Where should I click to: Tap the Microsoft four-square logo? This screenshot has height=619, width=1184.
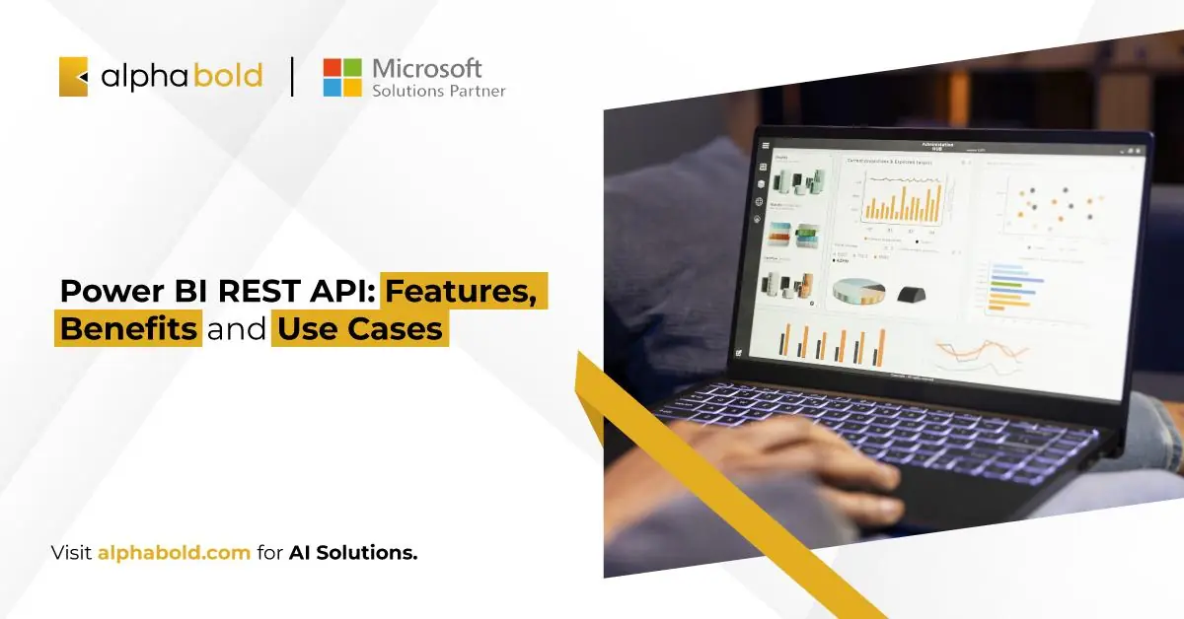coord(342,77)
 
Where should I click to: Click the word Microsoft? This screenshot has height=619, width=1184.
coord(426,68)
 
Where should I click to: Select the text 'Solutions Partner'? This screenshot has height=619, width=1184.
coord(438,91)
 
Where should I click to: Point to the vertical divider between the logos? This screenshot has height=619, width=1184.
coord(292,77)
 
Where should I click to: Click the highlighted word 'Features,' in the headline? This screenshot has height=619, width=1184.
coord(465,293)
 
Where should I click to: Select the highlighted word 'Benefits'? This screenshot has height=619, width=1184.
coord(128,328)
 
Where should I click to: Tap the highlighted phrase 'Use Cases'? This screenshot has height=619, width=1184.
coord(359,328)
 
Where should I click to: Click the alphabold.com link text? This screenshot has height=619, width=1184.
coord(174,553)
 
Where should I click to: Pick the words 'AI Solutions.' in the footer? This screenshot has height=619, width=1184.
coord(353,553)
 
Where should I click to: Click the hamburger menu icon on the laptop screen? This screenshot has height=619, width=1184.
coord(765,146)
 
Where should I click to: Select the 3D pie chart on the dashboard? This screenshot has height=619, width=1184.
coord(858,290)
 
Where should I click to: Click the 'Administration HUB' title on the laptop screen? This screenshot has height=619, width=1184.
coord(936,146)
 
